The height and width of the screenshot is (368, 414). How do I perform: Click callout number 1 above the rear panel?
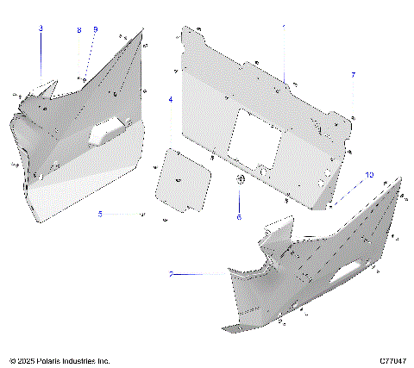pos(285,27)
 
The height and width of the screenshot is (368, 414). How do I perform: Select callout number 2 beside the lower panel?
pos(172,274)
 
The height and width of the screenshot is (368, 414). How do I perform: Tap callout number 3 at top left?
pos(41,28)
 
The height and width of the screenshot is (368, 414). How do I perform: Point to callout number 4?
pos(170,100)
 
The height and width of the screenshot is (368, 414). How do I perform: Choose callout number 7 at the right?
pos(353,76)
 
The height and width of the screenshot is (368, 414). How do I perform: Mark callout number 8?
pos(78,30)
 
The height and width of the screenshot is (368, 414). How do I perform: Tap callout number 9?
pos(95,30)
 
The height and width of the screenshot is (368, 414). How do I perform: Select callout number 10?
pos(369,175)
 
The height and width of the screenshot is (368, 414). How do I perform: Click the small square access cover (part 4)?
pos(180,178)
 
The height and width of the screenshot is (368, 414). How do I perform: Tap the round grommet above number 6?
pos(241,178)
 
